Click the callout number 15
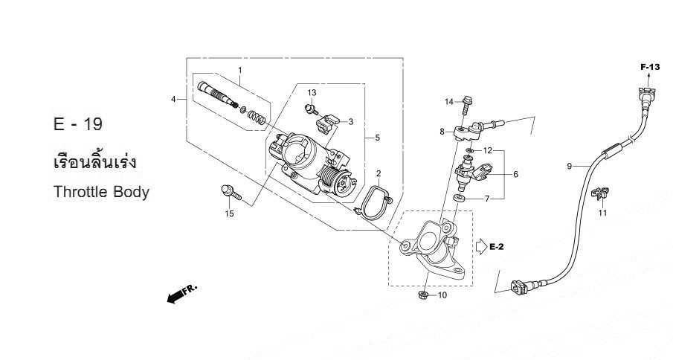coord(230,214)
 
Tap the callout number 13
coord(312,92)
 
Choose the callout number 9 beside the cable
coord(570,167)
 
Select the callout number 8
coord(442,132)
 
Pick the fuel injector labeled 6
coord(471,176)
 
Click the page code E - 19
coord(78,123)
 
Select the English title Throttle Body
coord(102,192)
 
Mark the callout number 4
coord(173,99)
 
